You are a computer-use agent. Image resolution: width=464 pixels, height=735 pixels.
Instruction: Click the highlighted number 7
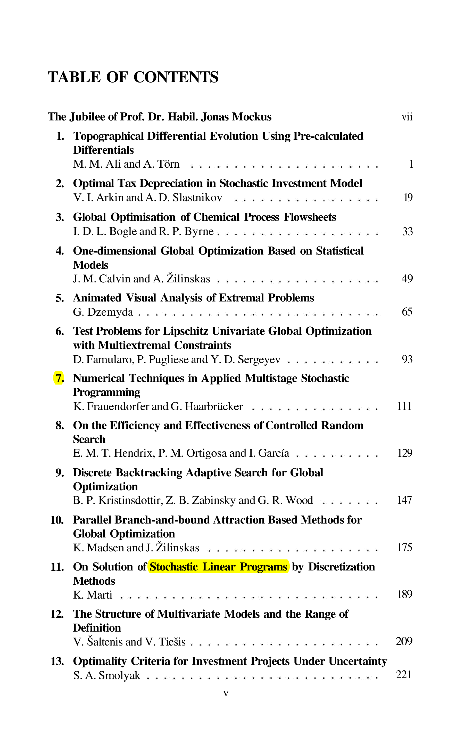point(58,378)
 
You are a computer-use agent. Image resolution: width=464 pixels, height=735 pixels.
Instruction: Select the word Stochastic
point(173,567)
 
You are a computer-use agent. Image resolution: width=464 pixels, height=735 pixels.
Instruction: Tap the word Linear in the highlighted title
point(219,567)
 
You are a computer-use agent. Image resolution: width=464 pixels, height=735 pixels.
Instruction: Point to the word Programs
point(263,567)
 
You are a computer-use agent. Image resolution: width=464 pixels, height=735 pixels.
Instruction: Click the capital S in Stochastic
point(153,567)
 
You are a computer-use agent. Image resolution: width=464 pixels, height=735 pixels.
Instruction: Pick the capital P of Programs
point(243,567)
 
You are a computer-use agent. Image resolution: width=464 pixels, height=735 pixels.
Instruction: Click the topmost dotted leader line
point(285,167)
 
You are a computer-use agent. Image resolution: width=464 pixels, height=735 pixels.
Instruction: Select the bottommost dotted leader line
point(263,678)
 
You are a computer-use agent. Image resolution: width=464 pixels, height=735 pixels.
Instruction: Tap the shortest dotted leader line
point(350,503)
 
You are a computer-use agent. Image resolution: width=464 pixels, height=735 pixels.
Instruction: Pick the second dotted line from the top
point(306,201)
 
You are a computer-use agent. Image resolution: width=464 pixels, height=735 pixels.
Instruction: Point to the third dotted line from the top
point(298,234)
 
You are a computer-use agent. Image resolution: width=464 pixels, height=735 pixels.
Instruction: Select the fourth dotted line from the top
point(298,282)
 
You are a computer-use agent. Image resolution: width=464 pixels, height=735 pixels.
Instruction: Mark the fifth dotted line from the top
point(260,314)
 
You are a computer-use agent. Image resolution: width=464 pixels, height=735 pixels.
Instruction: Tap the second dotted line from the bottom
point(285,645)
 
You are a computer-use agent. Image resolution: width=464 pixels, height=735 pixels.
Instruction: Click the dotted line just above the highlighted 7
point(333,362)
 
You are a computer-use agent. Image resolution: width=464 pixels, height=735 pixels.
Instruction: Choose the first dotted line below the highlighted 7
point(314,409)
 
